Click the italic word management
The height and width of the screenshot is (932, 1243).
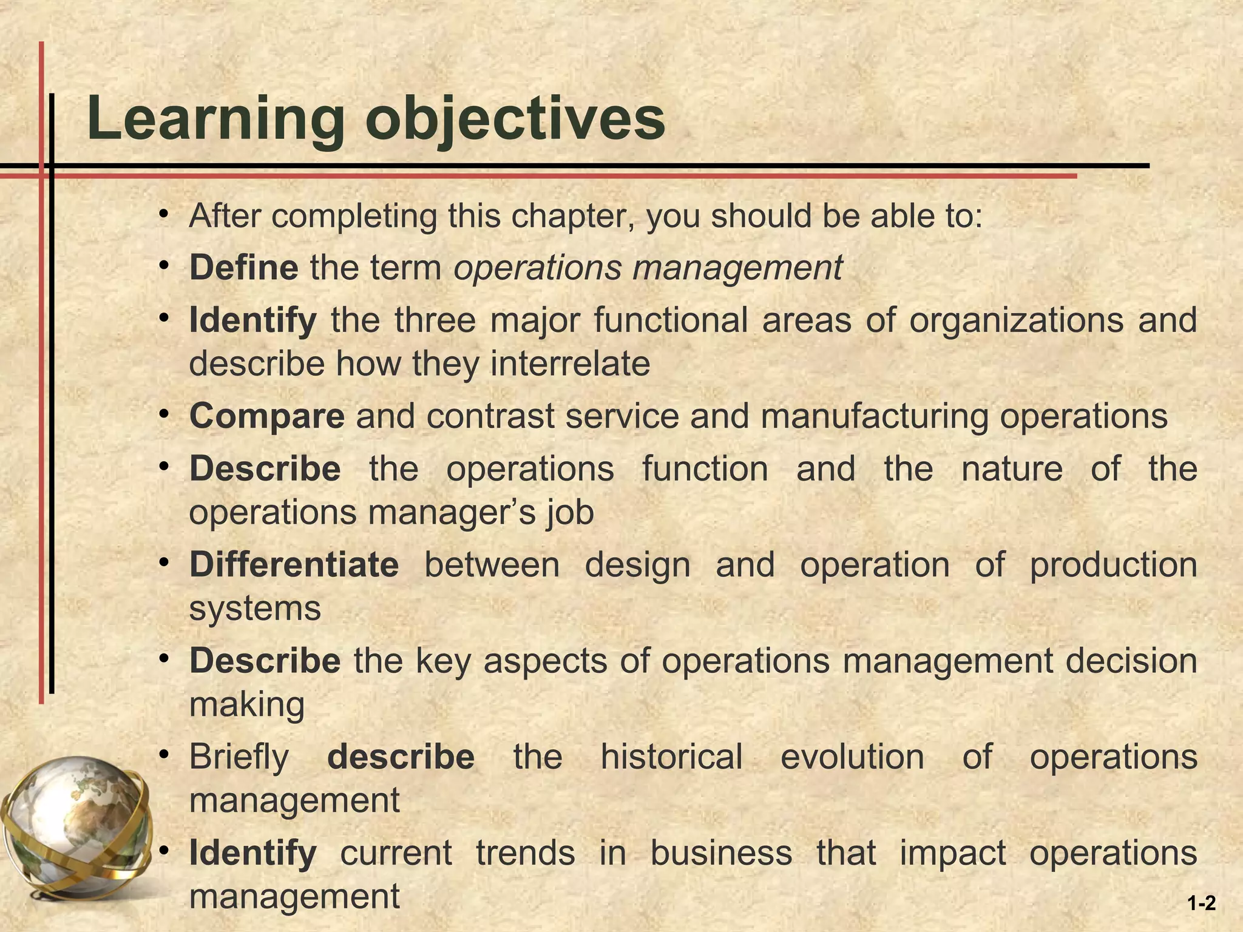(737, 268)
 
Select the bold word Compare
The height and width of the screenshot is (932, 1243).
(266, 417)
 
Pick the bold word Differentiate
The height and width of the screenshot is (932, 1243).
(294, 565)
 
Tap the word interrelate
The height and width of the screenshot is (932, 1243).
(570, 364)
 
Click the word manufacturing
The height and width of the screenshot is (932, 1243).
(874, 417)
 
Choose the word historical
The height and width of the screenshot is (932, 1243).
(671, 757)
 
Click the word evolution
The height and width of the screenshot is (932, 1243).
(852, 757)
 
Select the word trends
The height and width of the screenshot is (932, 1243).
(525, 853)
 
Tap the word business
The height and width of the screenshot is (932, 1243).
(721, 853)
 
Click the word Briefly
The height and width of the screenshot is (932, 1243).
(239, 758)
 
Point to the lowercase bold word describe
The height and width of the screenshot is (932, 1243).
(401, 757)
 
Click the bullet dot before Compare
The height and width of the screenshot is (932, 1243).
(163, 414)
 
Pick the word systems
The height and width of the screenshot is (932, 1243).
(255, 609)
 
